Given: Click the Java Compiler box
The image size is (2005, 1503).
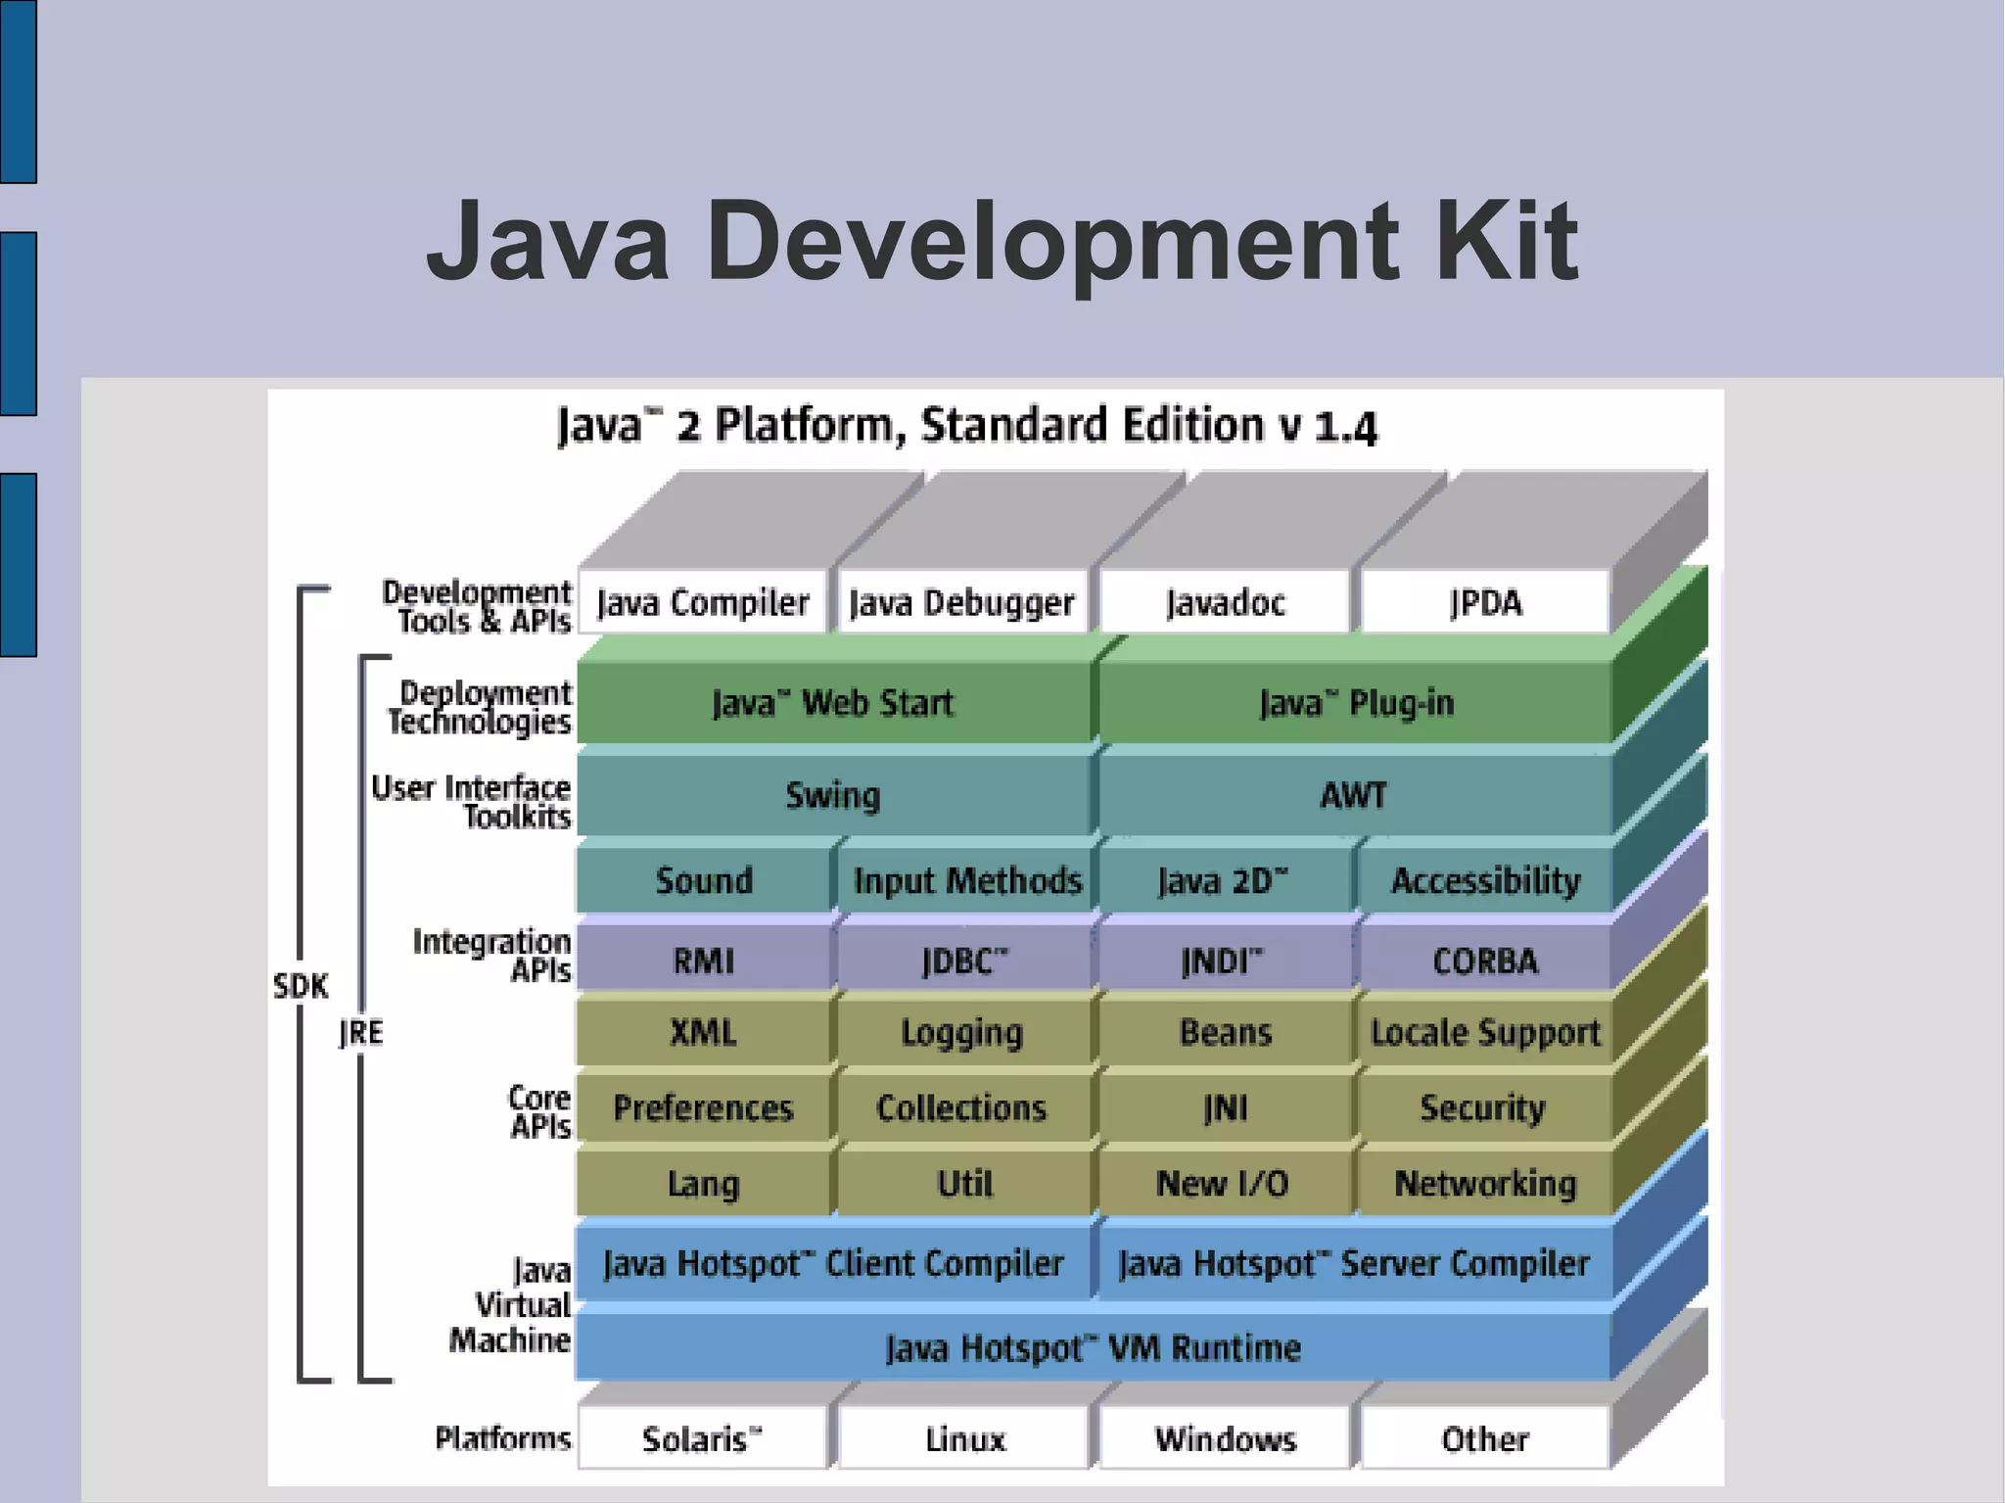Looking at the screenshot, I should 703,602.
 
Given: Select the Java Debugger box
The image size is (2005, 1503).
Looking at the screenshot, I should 962,602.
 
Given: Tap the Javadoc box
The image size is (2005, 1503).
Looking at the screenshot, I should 1225,602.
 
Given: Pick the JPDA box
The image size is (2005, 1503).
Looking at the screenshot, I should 1485,602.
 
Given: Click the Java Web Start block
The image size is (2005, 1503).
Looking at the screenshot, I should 832,703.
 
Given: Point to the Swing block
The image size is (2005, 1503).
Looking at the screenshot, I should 832,795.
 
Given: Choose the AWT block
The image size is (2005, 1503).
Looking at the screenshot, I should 1354,795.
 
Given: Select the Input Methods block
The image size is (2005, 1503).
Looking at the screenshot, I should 966,880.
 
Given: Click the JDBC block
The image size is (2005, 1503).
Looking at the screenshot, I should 963,961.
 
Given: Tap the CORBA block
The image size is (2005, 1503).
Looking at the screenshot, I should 1485,961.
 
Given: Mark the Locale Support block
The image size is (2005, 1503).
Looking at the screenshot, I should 1485,1032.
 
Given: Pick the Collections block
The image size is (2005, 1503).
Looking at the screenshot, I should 961,1107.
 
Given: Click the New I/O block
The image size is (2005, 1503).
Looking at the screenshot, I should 1223,1183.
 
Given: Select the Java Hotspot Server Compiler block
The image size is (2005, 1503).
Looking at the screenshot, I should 1354,1263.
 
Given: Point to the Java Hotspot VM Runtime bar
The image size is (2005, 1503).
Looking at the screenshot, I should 1093,1348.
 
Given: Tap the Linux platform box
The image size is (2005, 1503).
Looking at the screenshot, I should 964,1438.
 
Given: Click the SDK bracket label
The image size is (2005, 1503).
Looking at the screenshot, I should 301,986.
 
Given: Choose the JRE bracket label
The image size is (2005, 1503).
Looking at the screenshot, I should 361,1032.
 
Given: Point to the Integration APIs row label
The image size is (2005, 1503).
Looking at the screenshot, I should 492,956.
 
